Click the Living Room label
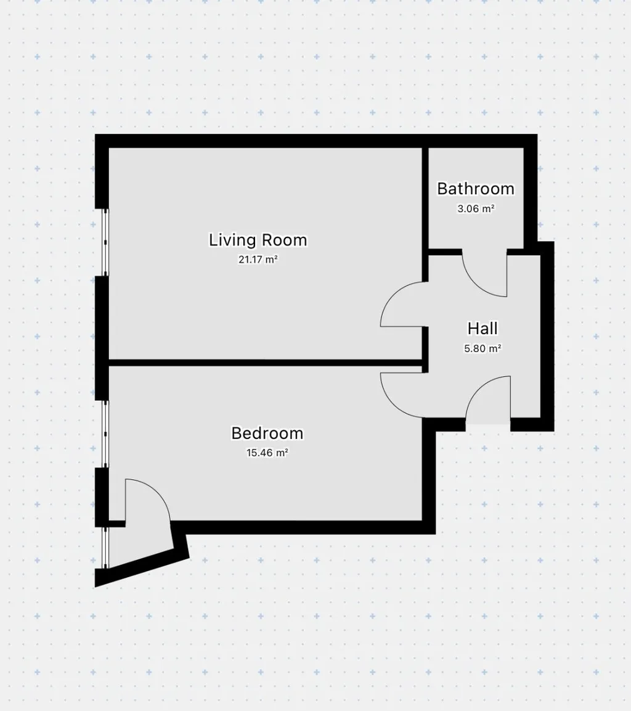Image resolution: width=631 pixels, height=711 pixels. coord(258,240)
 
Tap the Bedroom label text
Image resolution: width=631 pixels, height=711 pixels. coord(267,433)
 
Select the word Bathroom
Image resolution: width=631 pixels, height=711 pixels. coord(476,189)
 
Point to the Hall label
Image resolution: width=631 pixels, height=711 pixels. coord(482,328)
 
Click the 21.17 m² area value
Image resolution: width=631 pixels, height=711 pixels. coord(258,260)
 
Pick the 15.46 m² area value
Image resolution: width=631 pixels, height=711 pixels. coord(267,453)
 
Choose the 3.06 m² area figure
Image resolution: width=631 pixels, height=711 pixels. coord(476,208)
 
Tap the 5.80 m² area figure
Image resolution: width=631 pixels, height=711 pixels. coord(482,348)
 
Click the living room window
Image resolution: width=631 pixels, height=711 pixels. coord(105,242)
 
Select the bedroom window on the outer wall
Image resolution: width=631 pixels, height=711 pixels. coord(105,434)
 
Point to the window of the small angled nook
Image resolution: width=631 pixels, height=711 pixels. coord(105,548)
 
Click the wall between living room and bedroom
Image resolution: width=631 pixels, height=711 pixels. coord(266,363)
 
